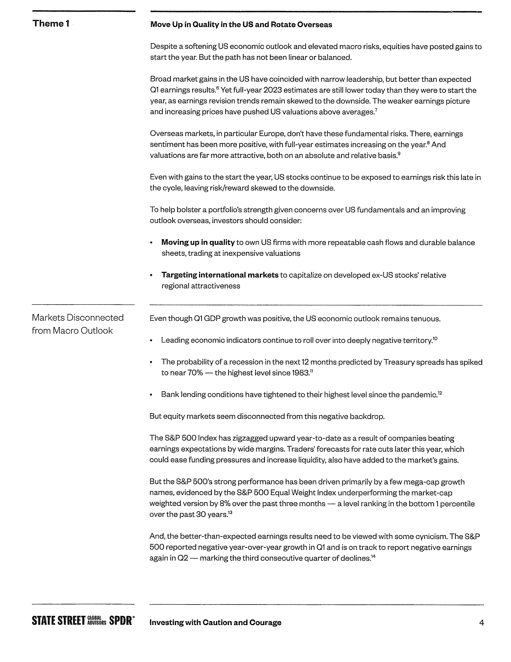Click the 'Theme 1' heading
(x=51, y=24)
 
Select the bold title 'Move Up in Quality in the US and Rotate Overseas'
(x=241, y=24)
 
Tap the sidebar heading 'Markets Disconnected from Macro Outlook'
(x=78, y=324)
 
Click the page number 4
(x=482, y=623)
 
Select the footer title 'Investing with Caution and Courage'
(x=215, y=623)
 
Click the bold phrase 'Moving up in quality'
(x=198, y=243)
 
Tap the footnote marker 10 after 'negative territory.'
(x=435, y=338)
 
